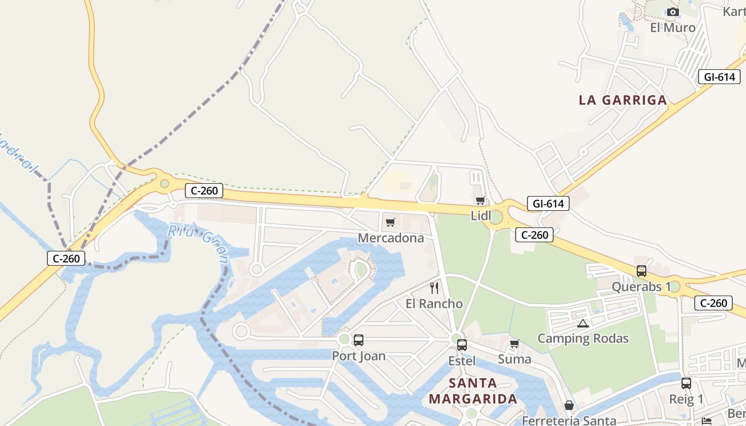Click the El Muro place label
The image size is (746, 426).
(672, 28)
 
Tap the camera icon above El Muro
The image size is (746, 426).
(673, 12)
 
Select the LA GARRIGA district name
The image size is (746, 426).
(622, 100)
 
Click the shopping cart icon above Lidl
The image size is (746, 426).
(480, 201)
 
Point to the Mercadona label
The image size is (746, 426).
(391, 238)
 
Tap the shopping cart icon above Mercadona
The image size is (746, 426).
(391, 222)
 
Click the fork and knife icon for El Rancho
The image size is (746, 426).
(434, 288)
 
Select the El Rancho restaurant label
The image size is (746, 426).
(434, 304)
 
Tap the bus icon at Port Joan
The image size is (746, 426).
(359, 340)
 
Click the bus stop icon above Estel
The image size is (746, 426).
(461, 345)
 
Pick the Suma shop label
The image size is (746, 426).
(514, 359)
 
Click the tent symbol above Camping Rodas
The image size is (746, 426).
(582, 323)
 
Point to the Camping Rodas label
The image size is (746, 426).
(582, 339)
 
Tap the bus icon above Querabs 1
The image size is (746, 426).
(641, 271)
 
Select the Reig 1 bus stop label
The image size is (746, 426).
(686, 399)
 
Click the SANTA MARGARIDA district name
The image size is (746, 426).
(473, 391)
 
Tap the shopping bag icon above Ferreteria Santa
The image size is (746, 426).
(569, 406)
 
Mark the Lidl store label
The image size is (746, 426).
(481, 216)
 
